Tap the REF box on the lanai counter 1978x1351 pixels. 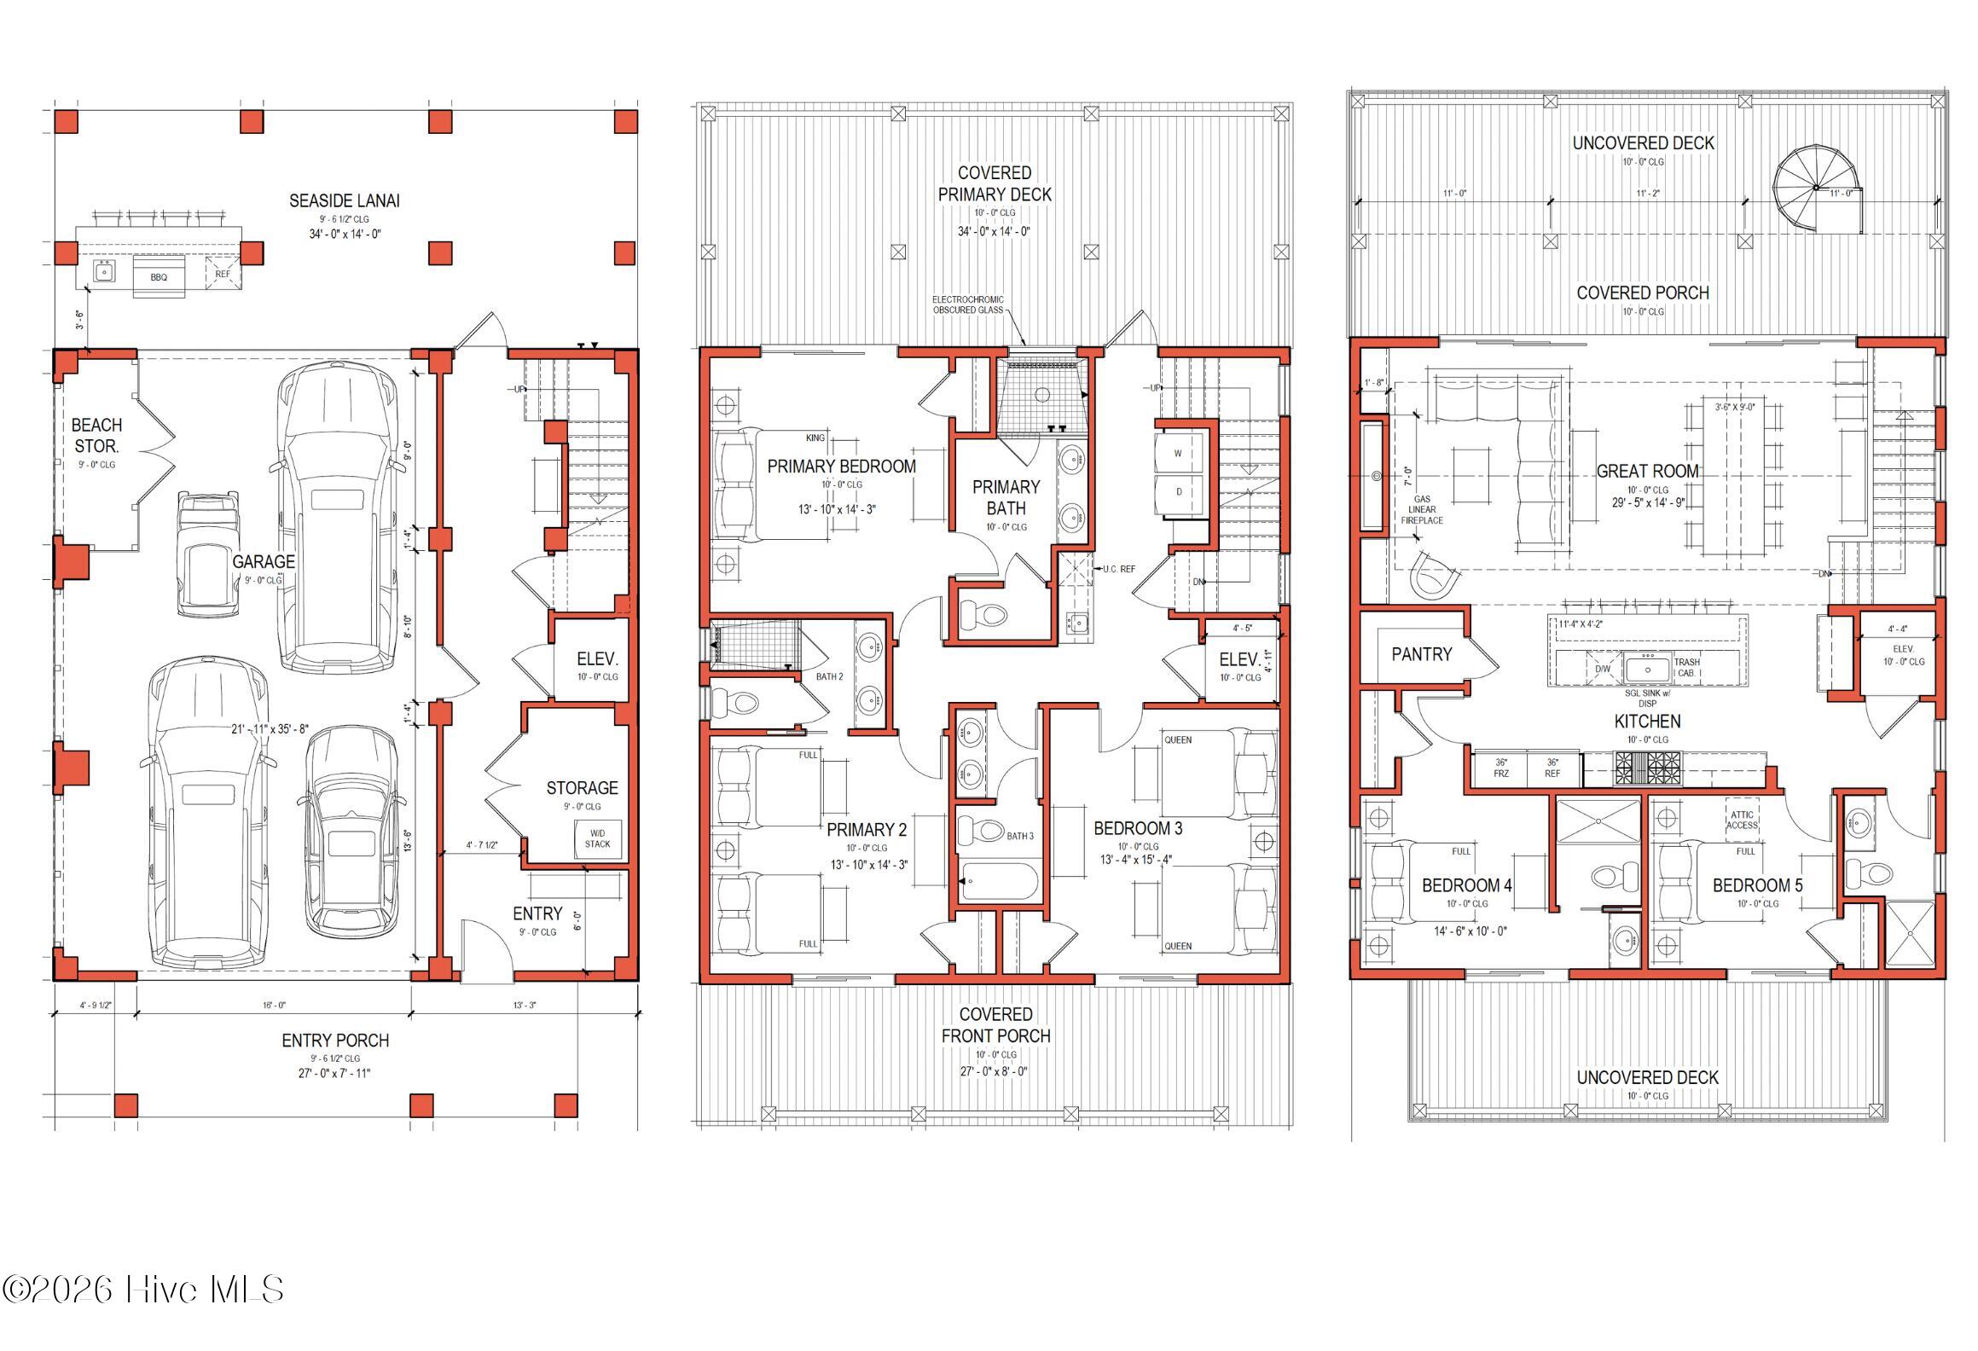(x=223, y=274)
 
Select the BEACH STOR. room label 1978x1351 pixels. (x=96, y=435)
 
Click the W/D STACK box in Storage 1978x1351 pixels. (x=597, y=838)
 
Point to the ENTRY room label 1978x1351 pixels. (x=537, y=913)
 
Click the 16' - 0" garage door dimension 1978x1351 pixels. (x=273, y=1006)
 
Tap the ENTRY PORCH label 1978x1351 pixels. (x=335, y=1041)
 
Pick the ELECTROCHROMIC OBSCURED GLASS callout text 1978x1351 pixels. (x=967, y=305)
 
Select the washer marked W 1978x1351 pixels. (x=1178, y=454)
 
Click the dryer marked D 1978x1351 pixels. (x=1178, y=493)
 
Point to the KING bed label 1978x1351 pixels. (x=815, y=438)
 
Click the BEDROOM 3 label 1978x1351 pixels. (x=1138, y=828)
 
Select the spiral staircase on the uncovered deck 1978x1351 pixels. (x=1817, y=188)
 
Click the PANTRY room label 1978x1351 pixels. (x=1421, y=654)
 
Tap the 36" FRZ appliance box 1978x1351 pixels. (x=1500, y=768)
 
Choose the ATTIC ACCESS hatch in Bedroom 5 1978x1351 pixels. (x=1742, y=820)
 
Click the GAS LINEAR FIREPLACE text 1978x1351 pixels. (x=1422, y=510)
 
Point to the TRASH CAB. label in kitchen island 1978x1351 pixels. (x=1686, y=667)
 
